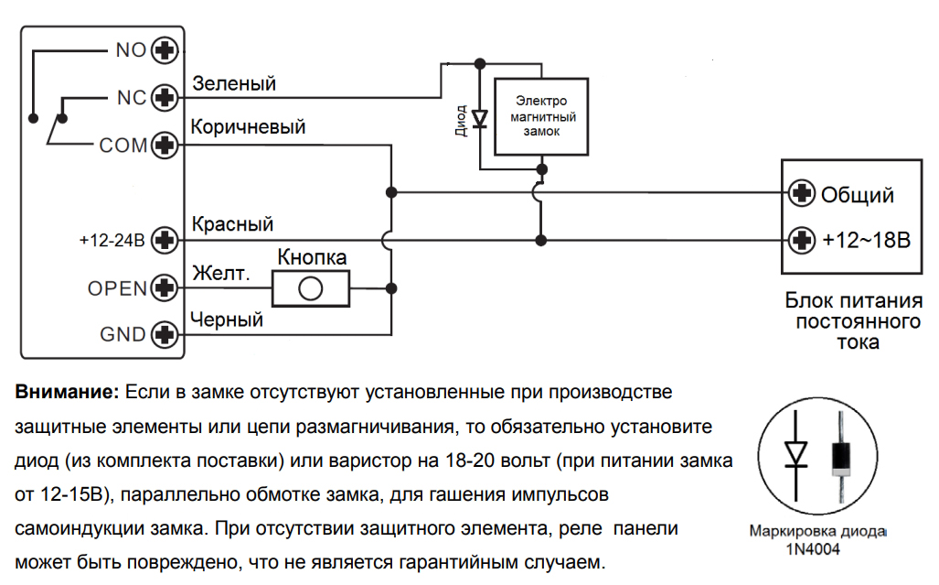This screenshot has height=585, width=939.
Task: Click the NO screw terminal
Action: click(x=165, y=49)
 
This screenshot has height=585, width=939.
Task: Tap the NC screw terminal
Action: click(x=165, y=96)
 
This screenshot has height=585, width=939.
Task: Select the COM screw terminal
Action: click(x=165, y=145)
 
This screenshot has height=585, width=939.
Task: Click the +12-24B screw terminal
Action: click(x=165, y=241)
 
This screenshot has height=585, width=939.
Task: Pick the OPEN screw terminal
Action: click(x=165, y=287)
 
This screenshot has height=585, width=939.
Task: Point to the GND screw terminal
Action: click(x=165, y=334)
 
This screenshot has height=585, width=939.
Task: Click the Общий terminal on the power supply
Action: click(x=802, y=193)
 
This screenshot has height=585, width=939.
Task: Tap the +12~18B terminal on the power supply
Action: click(x=802, y=241)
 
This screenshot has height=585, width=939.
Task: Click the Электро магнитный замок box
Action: click(x=541, y=116)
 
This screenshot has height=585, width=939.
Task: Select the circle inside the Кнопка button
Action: click(x=311, y=289)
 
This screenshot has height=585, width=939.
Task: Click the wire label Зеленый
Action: click(x=234, y=84)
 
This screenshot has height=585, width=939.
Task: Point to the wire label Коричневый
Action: click(x=248, y=127)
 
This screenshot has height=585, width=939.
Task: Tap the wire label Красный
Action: click(x=232, y=224)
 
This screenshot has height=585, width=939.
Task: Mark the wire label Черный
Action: click(x=227, y=320)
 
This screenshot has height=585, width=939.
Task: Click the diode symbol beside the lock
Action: click(x=478, y=117)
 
